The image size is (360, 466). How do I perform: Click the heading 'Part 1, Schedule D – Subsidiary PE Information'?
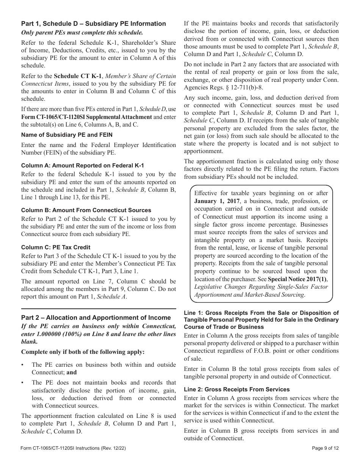[x=93, y=23]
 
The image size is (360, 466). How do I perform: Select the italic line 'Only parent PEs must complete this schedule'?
[x=82, y=33]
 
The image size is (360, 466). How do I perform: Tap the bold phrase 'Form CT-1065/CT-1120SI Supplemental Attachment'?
[x=86, y=117]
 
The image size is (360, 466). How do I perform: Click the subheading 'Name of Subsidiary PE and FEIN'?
[x=67, y=134]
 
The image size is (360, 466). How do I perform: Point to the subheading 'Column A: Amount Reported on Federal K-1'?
[x=82, y=166]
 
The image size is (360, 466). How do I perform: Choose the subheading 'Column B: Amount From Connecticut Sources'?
[x=86, y=210]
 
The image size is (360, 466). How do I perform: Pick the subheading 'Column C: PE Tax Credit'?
[x=56, y=247]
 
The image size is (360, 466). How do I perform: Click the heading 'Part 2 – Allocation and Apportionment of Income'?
[x=96, y=317]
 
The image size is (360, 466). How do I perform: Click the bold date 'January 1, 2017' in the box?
[x=217, y=201]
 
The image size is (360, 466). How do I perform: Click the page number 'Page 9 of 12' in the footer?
[x=325, y=448]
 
